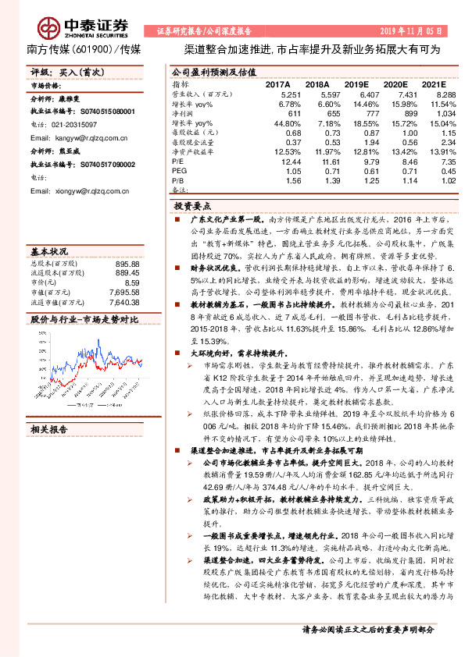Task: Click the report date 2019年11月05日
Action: click(x=413, y=31)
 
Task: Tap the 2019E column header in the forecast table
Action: click(x=356, y=83)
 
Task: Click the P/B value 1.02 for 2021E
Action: click(x=435, y=180)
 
